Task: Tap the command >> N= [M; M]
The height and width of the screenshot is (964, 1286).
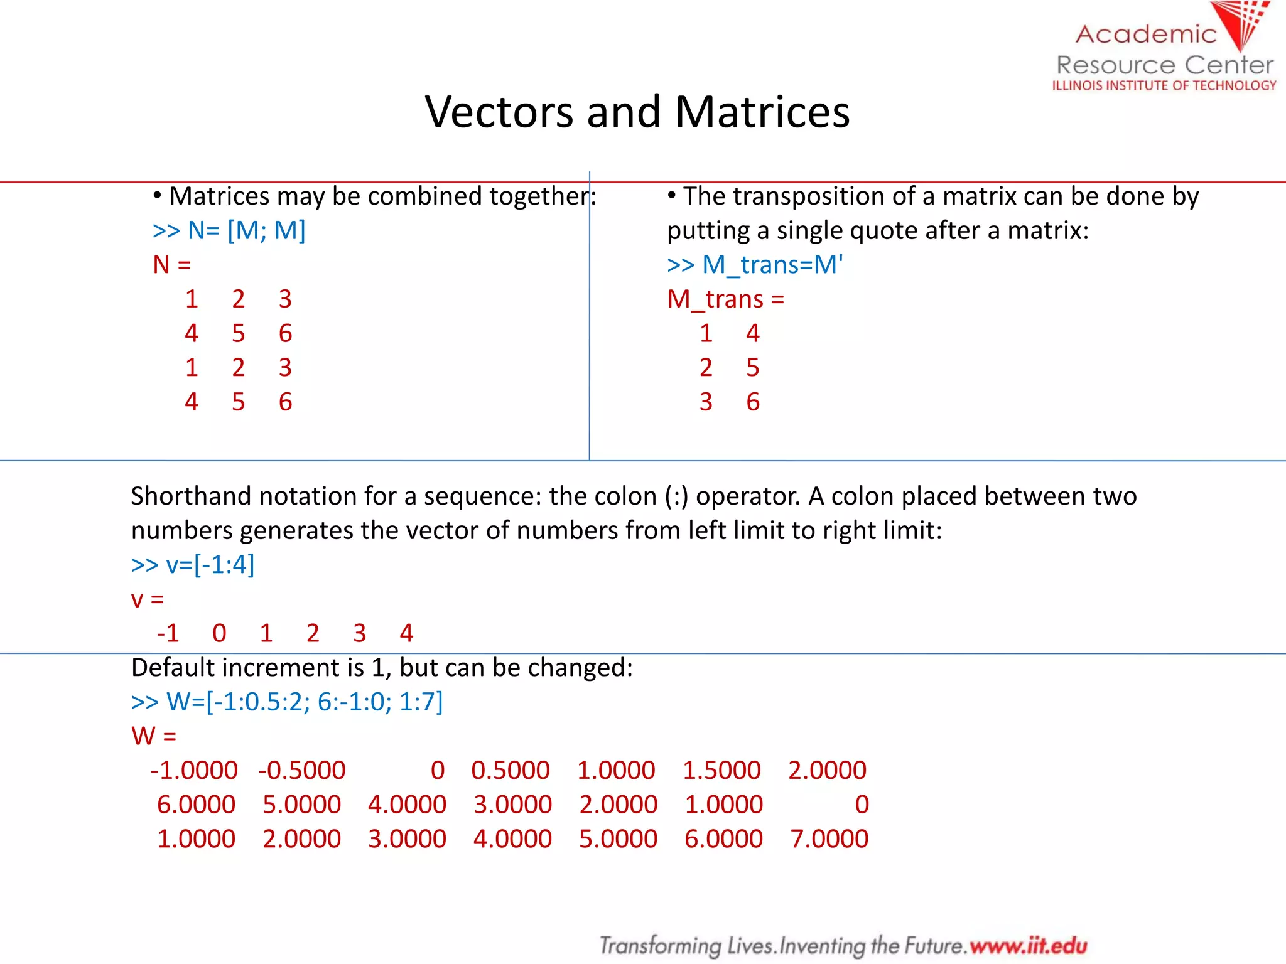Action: tap(229, 231)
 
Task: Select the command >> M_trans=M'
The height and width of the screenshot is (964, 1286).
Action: tap(755, 265)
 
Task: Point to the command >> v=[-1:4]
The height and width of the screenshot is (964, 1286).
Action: tap(193, 565)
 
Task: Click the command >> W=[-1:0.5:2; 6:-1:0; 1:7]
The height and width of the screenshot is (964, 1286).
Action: tap(287, 702)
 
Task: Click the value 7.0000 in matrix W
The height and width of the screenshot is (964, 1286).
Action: tap(829, 839)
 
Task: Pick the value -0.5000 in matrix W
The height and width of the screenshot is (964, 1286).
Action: tap(302, 771)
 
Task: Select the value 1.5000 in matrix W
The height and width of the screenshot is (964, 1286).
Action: tap(721, 771)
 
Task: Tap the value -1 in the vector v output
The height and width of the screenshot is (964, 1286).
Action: tap(168, 633)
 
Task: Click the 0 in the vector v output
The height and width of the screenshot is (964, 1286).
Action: tap(219, 633)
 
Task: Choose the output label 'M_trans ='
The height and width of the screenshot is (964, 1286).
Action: tap(726, 299)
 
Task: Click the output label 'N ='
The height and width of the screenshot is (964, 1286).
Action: tap(172, 265)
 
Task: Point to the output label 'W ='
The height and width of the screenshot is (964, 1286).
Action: tap(154, 736)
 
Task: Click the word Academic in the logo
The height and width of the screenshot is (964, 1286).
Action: tap(1146, 35)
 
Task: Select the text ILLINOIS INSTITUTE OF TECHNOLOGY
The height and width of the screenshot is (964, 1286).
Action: tap(1164, 85)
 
